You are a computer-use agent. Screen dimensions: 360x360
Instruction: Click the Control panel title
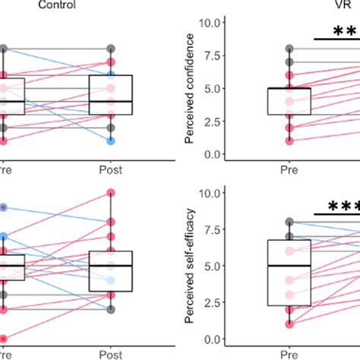tap(55, 5)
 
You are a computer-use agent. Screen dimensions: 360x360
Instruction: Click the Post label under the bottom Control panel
tap(111, 354)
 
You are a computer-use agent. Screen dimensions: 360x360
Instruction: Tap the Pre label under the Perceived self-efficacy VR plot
tap(289, 354)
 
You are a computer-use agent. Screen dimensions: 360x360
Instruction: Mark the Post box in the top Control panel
tap(111, 95)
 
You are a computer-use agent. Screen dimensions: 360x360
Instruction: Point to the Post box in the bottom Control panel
tap(111, 270)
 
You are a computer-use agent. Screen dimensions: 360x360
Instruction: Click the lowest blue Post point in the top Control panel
tap(111, 141)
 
